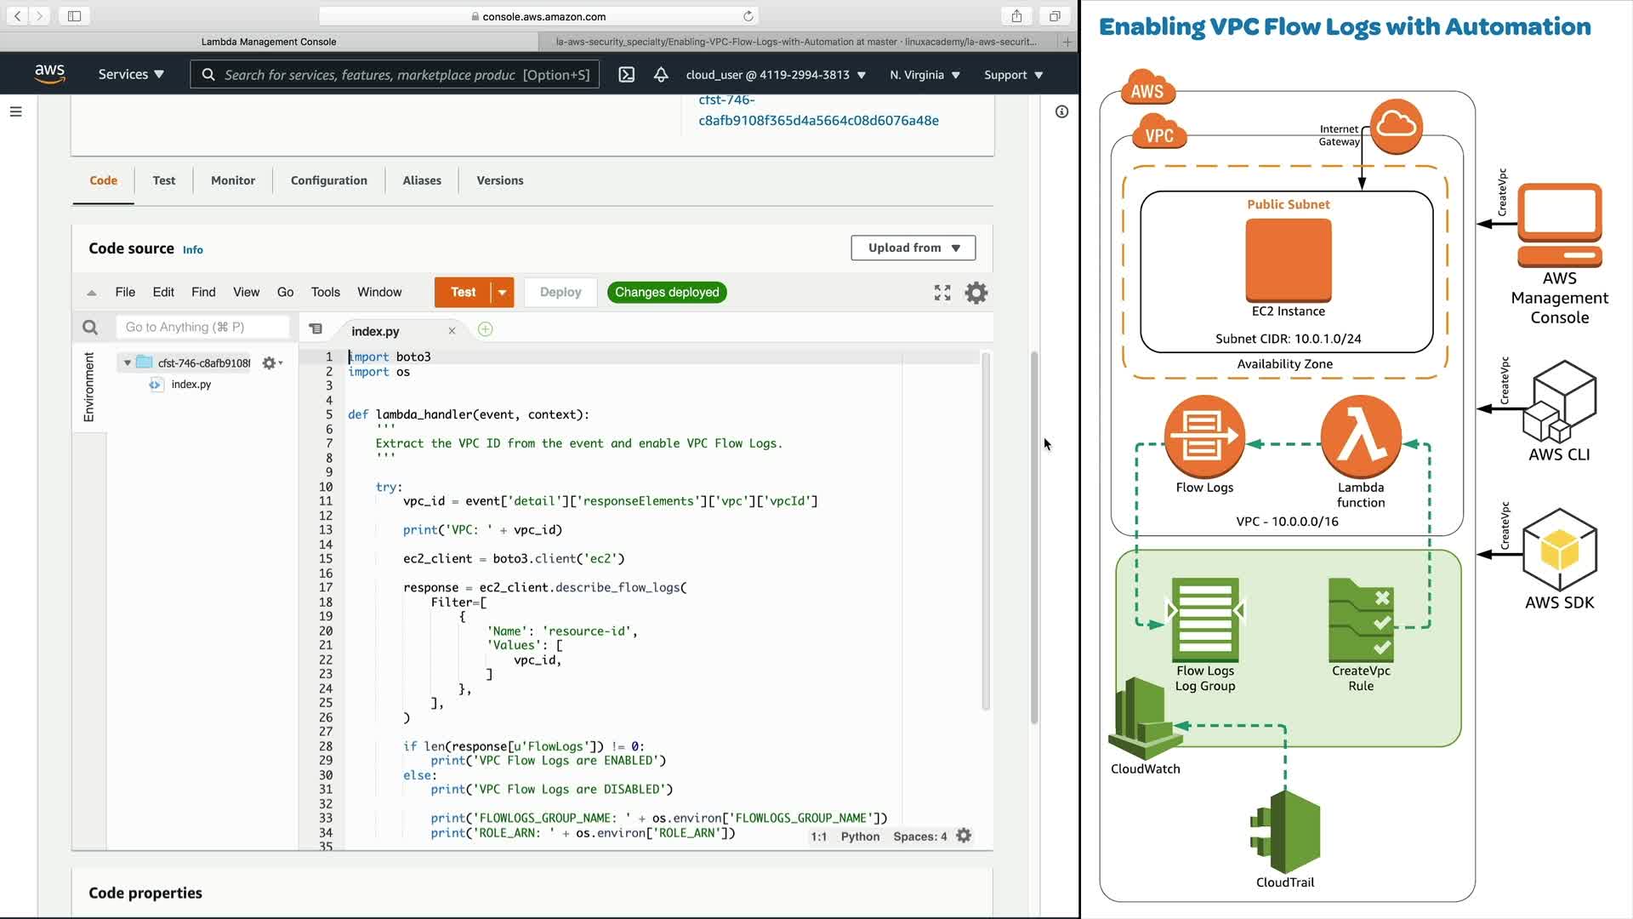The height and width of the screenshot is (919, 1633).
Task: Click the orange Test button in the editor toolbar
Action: point(463,292)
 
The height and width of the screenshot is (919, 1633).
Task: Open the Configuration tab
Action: point(329,180)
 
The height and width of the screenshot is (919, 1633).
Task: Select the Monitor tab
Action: point(233,180)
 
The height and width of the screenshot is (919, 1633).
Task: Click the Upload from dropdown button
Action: point(913,248)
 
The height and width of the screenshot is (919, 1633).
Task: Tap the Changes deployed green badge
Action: point(667,292)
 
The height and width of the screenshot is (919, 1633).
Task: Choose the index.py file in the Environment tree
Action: point(191,385)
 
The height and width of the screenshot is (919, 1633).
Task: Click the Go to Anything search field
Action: point(202,327)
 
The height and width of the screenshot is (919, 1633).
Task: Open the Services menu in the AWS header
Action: point(131,75)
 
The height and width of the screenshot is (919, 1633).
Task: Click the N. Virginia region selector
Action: point(925,75)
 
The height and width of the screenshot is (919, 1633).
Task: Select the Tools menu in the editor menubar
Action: point(325,292)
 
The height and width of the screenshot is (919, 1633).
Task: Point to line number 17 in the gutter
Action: point(326,587)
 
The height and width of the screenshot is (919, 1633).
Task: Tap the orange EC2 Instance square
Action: point(1289,260)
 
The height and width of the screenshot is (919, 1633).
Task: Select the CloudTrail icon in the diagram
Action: point(1285,832)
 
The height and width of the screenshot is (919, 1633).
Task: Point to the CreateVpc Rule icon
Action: point(1361,621)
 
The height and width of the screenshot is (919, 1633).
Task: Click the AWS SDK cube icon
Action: point(1560,550)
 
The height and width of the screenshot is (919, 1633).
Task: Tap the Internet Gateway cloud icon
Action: point(1397,127)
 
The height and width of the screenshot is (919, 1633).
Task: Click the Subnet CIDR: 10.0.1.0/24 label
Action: point(1288,339)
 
